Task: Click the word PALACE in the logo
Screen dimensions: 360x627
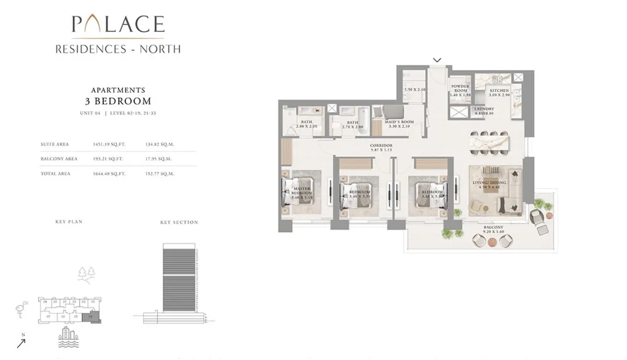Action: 118,24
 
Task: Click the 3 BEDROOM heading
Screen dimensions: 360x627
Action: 118,101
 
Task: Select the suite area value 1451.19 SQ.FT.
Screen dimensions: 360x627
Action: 109,144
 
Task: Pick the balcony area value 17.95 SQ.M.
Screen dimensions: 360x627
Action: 160,159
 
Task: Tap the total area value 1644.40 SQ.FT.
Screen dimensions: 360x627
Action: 109,174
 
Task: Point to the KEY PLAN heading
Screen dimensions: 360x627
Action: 69,222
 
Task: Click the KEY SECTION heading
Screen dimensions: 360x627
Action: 179,222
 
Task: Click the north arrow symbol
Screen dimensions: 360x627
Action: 22,342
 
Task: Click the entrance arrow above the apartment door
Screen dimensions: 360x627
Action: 438,60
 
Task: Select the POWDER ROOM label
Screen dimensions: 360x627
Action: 460,88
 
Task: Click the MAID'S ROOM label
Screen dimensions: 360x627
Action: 399,124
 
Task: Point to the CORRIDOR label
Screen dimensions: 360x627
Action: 381,147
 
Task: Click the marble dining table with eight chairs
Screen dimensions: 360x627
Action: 490,142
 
